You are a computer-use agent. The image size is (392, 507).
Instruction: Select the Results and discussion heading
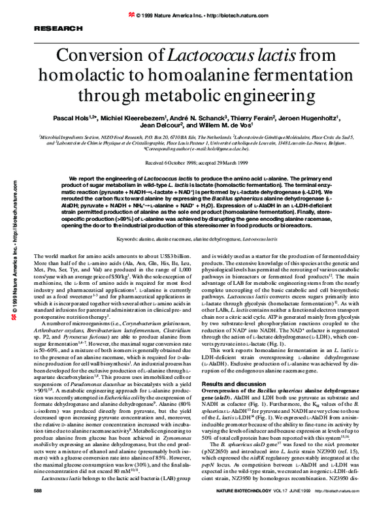pos(238,364)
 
